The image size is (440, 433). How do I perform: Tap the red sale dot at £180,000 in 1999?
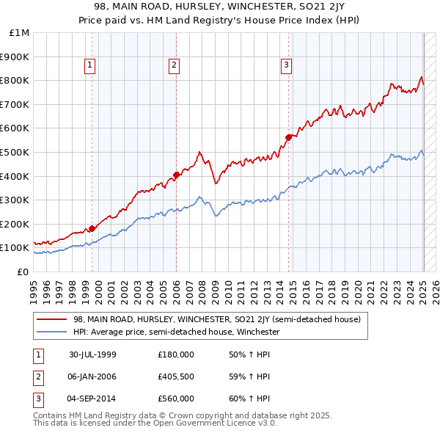tap(92, 228)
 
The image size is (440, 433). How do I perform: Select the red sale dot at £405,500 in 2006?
tap(177, 175)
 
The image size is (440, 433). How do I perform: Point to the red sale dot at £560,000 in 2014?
tap(289, 137)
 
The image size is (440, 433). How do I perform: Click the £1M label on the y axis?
tap(21, 32)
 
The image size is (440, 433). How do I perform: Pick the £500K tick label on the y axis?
tap(16, 152)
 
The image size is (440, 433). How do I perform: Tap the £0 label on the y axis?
tap(23, 272)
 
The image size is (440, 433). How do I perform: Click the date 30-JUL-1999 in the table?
tap(92, 354)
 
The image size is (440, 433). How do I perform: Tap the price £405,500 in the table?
tap(176, 376)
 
